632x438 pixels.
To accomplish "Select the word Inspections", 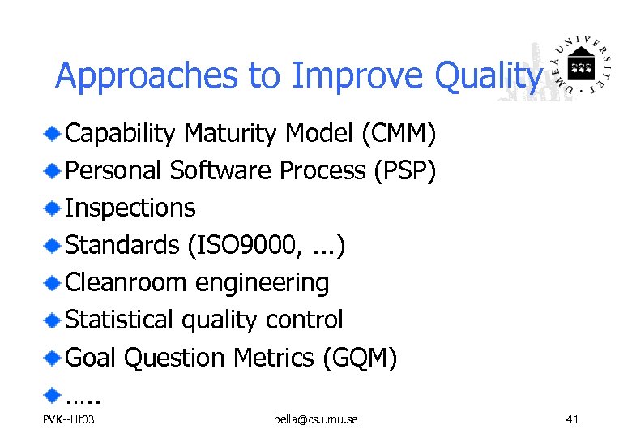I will pos(130,208).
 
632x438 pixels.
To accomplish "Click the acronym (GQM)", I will pos(359,357).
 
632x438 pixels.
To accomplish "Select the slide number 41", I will pos(572,419).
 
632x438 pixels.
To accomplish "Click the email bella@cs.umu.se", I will pos(316,419).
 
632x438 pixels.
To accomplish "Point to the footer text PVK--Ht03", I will pos(69,419).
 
